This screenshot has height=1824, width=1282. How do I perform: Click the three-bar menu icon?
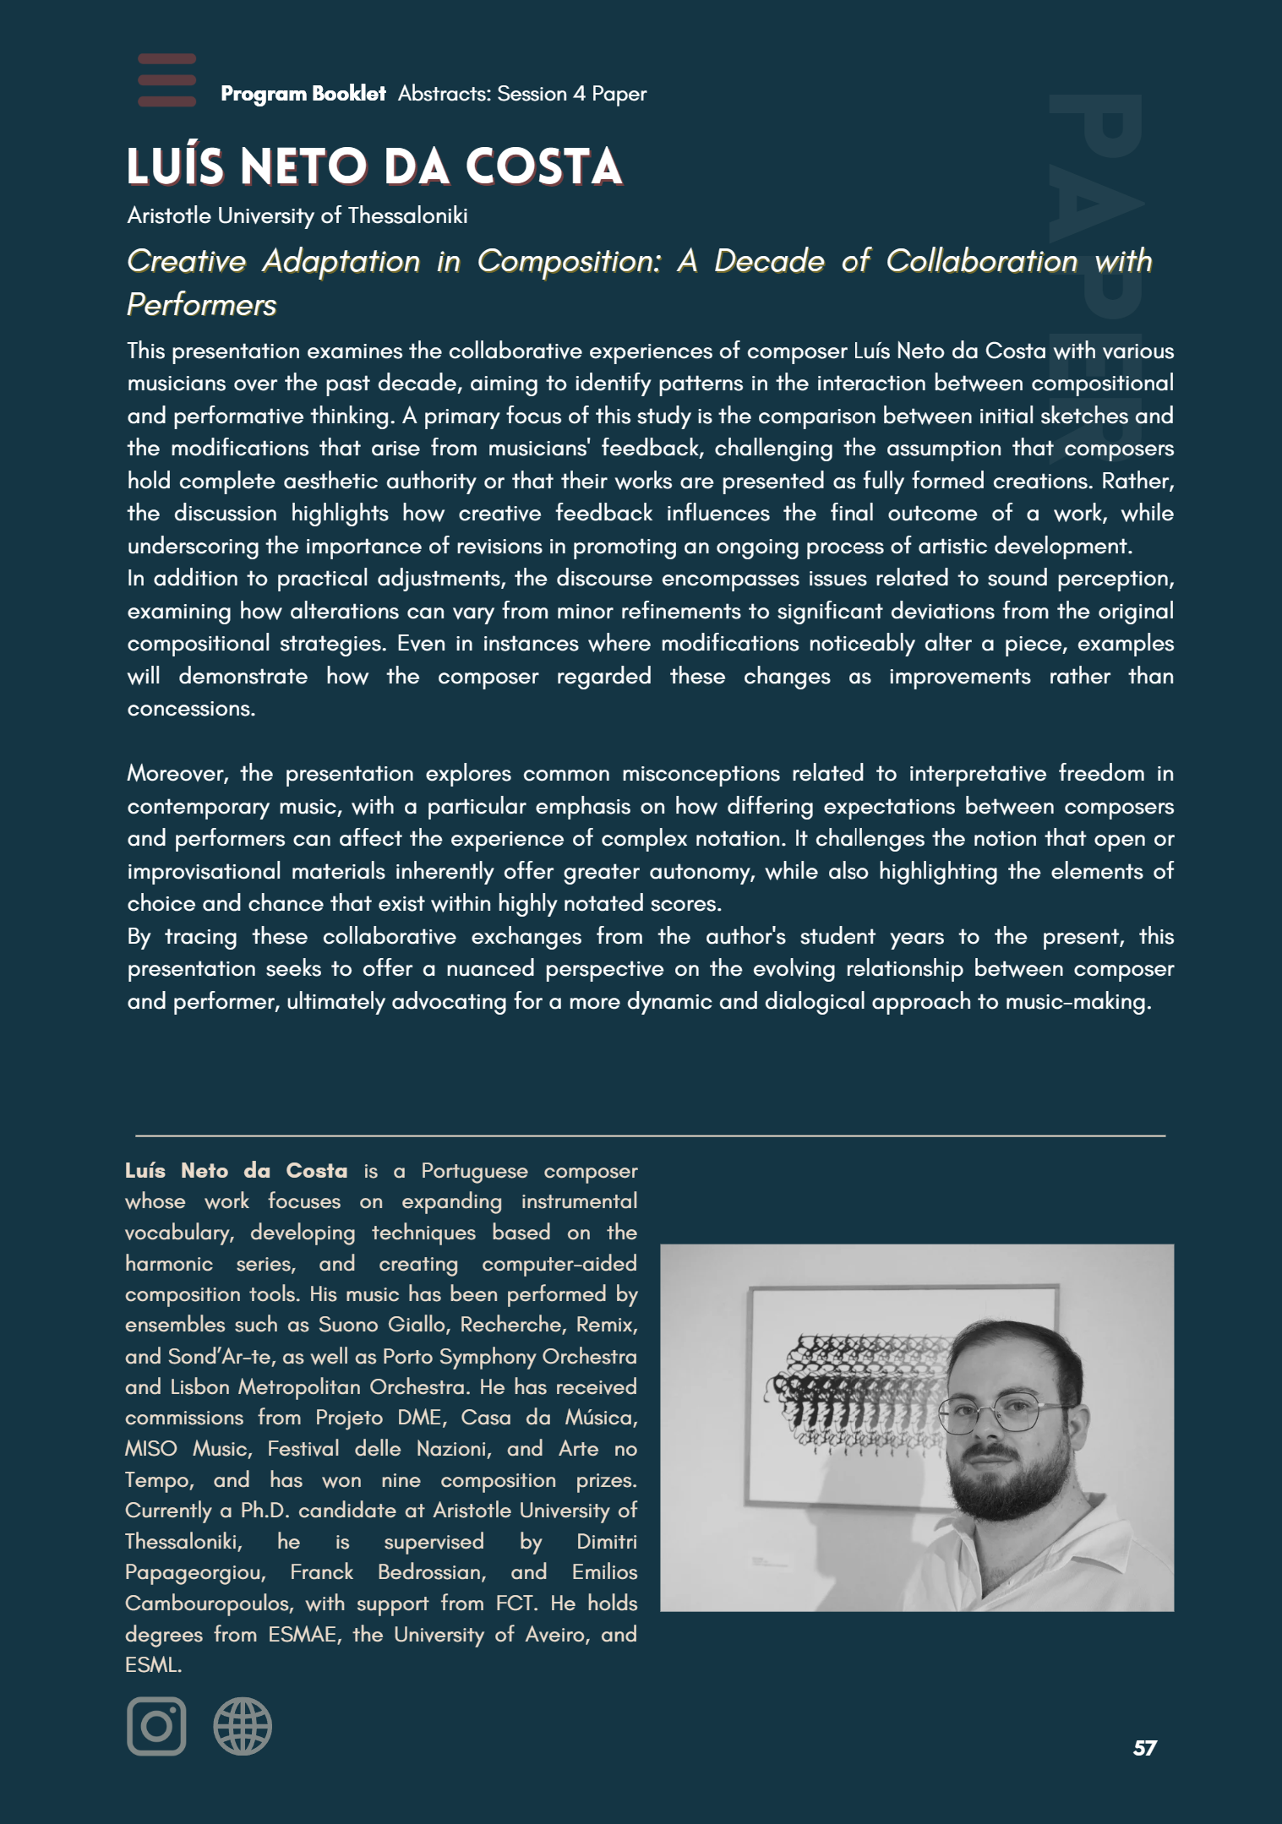pos(166,81)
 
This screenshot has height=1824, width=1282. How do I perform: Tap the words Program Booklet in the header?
pos(303,94)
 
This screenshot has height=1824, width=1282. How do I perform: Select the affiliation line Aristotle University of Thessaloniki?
pos(297,216)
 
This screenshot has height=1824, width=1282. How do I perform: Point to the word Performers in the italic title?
pos(201,305)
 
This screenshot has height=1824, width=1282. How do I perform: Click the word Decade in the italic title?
pos(769,261)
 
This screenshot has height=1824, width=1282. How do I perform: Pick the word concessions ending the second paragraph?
pos(190,709)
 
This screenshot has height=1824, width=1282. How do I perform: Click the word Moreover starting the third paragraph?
pos(177,774)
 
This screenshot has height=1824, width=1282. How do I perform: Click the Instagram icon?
pos(156,1726)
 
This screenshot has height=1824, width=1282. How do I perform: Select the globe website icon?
pos(243,1726)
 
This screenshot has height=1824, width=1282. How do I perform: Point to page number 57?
pos(1144,1748)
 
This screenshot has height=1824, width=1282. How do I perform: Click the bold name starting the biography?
pos(236,1171)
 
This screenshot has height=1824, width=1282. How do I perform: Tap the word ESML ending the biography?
pos(152,1665)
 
